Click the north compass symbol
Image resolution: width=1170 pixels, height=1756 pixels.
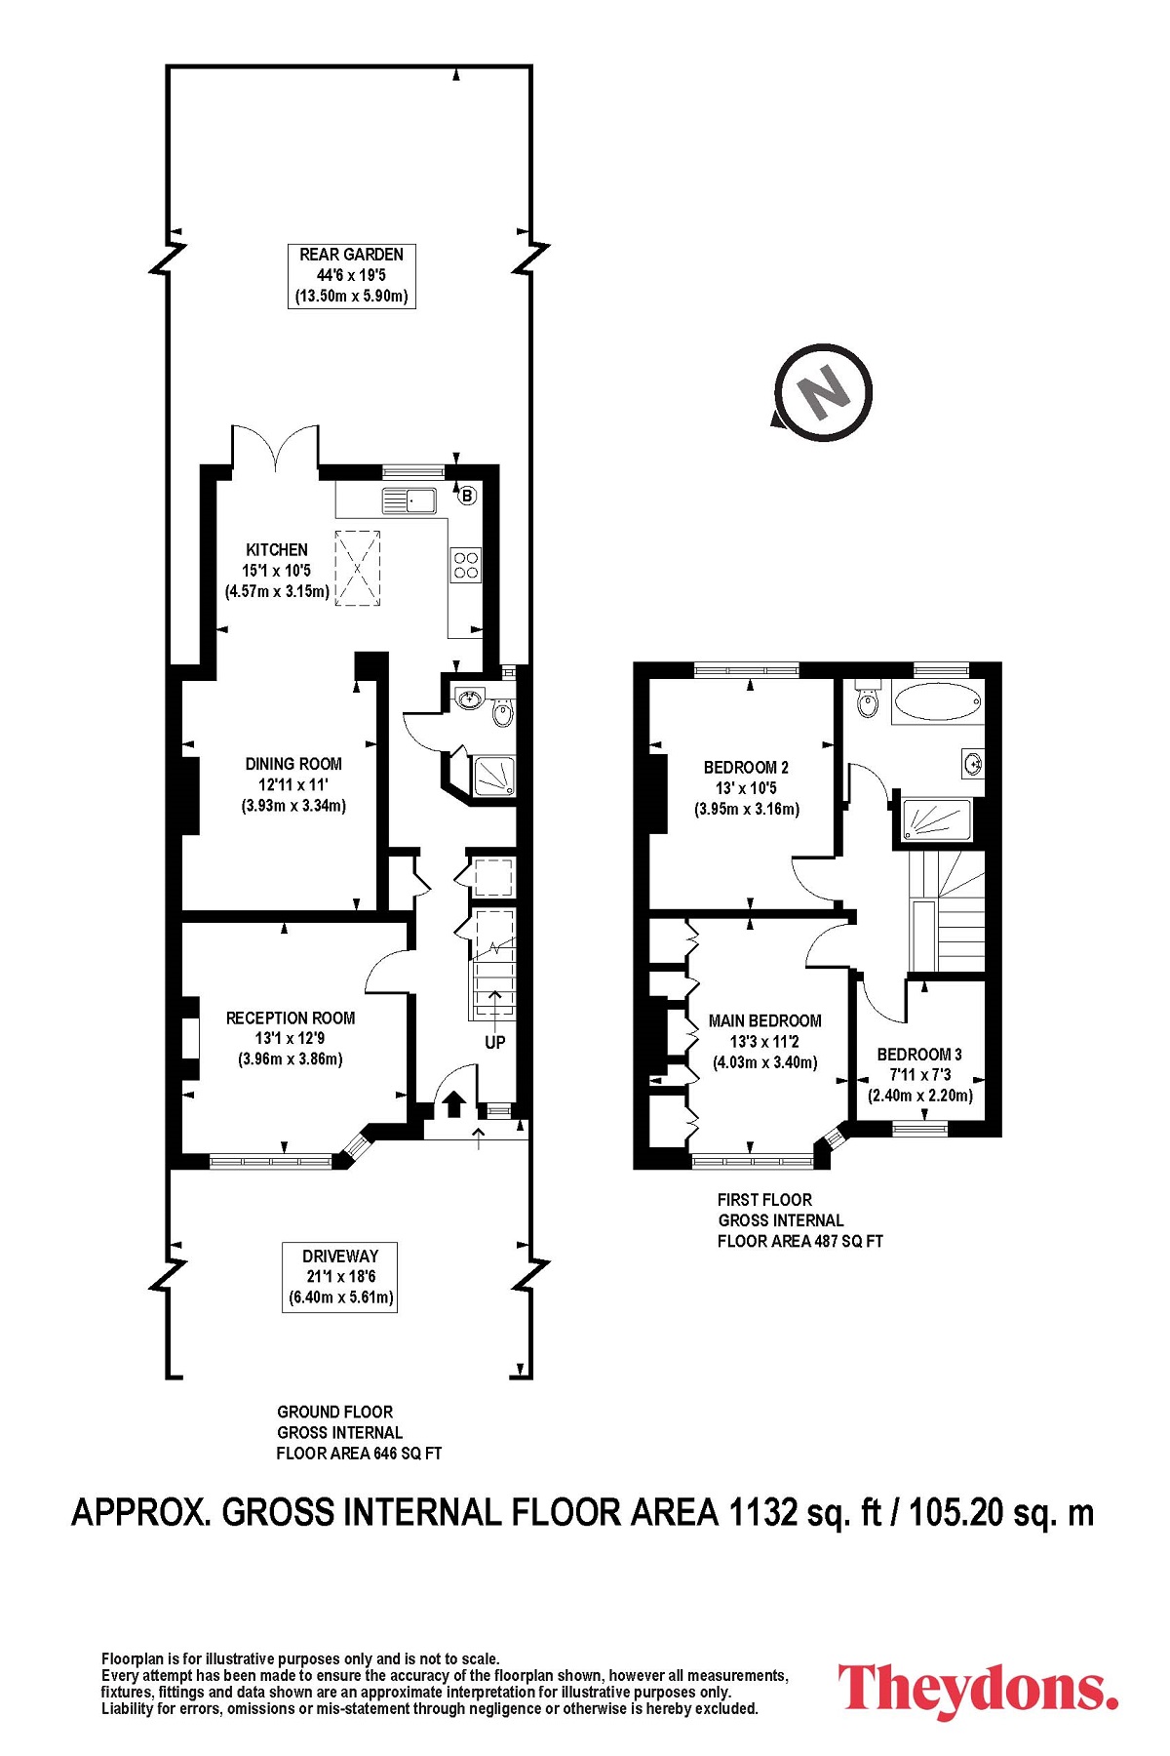(x=824, y=392)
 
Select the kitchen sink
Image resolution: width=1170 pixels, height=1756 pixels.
(x=409, y=500)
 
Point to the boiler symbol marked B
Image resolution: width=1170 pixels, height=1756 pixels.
(x=467, y=496)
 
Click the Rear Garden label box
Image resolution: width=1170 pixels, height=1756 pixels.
(x=352, y=276)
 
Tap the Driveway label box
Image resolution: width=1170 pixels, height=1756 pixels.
(x=340, y=1277)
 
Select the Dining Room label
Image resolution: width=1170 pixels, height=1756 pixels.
(x=293, y=785)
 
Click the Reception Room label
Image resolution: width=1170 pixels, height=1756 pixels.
(x=291, y=1038)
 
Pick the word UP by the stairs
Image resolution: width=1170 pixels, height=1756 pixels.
(x=495, y=1042)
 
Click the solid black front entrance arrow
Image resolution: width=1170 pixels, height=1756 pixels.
(x=453, y=1104)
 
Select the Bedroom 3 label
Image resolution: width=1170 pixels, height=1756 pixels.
(x=920, y=1074)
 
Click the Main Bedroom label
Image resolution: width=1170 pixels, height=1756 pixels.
(x=765, y=1041)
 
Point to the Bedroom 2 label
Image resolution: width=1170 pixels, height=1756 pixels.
(x=747, y=788)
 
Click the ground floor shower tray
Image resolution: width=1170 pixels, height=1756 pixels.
(x=493, y=776)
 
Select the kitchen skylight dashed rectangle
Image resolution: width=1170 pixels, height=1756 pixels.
(x=359, y=568)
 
